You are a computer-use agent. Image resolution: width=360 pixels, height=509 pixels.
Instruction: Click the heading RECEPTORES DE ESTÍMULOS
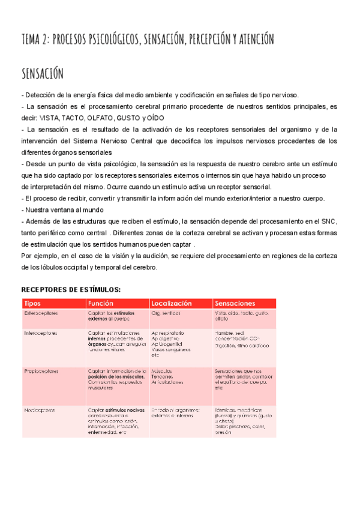coord(71,289)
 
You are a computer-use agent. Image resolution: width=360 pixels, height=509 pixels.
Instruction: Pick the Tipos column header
coord(32,303)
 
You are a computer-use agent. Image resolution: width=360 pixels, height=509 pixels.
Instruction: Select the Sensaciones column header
coord(235,303)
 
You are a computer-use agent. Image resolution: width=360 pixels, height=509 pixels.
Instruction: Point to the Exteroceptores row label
coord(41,313)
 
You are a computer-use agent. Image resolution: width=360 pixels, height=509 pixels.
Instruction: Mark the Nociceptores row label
coord(40,411)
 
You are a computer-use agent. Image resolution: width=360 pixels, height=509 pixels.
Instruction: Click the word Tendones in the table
coord(163,377)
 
